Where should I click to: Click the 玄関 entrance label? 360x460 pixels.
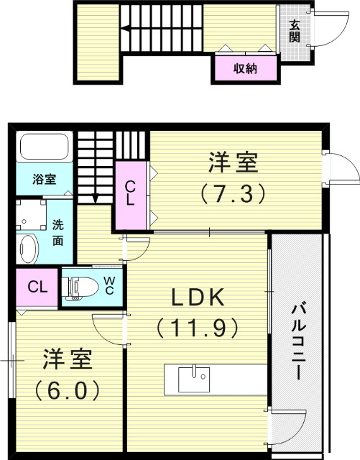pos(295,30)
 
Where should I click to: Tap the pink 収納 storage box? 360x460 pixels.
pos(245,69)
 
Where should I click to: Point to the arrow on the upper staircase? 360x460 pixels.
pos(126,29)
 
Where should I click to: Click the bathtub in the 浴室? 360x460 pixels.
pos(43,148)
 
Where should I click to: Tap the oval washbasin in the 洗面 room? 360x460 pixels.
pos(28,248)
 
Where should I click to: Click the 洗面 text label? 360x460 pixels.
pos(60,233)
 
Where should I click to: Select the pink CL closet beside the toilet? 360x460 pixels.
pos(37,287)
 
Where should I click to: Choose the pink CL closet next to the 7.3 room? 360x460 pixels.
pos(131,194)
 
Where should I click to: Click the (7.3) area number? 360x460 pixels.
pos(233,192)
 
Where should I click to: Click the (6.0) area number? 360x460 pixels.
pos(58,390)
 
